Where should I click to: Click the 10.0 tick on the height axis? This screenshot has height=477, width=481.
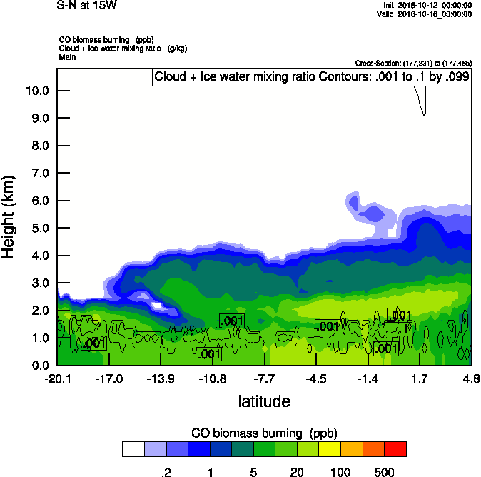pyautogui.click(x=36, y=91)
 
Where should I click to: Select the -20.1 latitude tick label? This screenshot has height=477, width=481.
pyautogui.click(x=57, y=378)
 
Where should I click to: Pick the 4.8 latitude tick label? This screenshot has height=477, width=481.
pyautogui.click(x=470, y=378)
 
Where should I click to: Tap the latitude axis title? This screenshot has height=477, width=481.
pyautogui.click(x=263, y=401)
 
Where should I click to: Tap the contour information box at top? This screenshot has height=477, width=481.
pyautogui.click(x=311, y=77)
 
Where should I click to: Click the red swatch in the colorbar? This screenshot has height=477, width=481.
pyautogui.click(x=395, y=449)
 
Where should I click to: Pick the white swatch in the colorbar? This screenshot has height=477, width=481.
pyautogui.click(x=133, y=449)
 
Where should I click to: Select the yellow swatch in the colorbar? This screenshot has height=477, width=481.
pyautogui.click(x=330, y=449)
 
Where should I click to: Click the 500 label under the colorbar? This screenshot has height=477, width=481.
pyautogui.click(x=384, y=472)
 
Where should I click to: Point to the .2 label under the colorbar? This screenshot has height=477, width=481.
pyautogui.click(x=167, y=472)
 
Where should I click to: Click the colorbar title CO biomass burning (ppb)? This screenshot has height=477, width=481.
pyautogui.click(x=264, y=433)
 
